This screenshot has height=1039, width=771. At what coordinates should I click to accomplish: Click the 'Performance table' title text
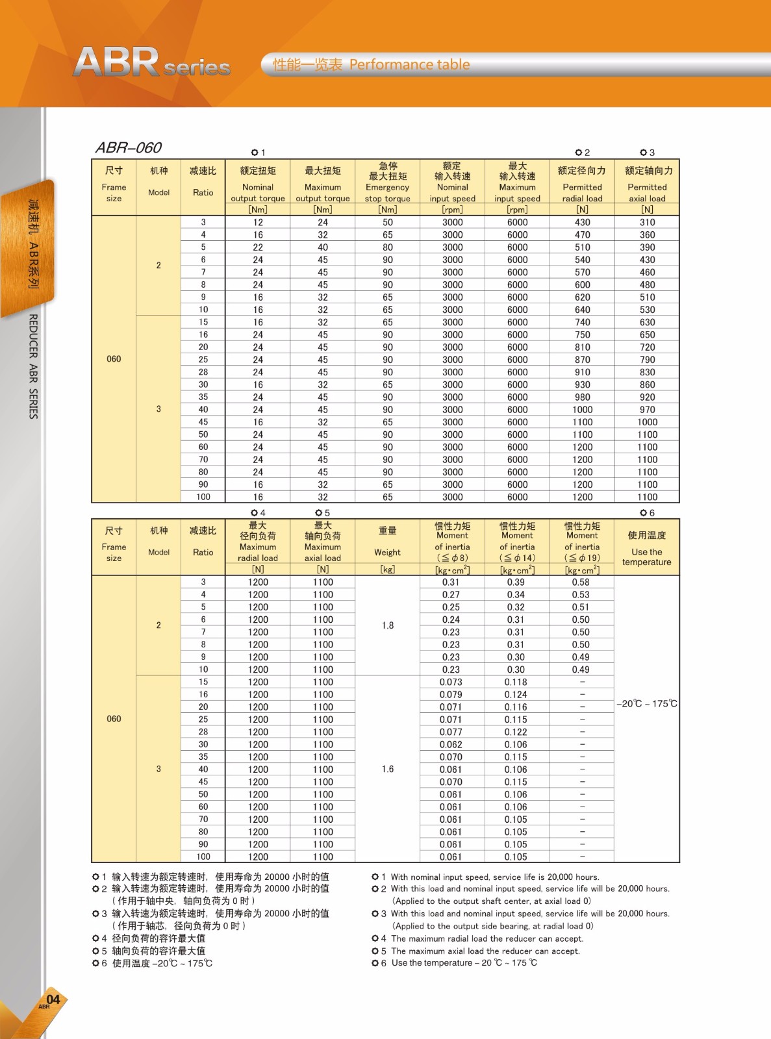[x=409, y=64]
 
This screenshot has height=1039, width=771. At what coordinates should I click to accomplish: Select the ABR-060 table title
[x=129, y=147]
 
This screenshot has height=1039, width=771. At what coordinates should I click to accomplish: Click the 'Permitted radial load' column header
[x=582, y=187]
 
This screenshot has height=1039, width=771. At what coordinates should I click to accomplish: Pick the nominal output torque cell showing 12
[x=258, y=222]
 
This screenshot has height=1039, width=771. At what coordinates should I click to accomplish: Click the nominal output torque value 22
[x=258, y=247]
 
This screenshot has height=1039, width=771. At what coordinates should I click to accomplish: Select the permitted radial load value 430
[x=582, y=222]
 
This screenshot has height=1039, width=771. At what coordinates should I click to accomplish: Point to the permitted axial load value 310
[x=647, y=222]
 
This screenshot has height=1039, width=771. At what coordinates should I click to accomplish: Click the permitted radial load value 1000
[x=582, y=410]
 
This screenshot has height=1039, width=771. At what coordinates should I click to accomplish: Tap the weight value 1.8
[x=388, y=625]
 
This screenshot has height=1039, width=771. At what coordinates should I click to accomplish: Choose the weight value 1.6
[x=388, y=769]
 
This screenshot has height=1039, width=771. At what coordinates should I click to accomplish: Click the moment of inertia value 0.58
[x=581, y=582]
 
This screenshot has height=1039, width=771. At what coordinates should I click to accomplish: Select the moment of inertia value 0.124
[x=516, y=695]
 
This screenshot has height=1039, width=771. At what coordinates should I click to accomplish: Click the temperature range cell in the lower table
[x=646, y=704]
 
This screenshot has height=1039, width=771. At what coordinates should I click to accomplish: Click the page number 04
[x=53, y=999]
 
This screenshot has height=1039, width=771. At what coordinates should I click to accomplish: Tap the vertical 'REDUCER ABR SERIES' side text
[x=33, y=366]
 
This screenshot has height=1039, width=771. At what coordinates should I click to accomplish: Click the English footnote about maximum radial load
[x=487, y=938]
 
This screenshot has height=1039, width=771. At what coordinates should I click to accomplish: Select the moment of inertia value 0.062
[x=451, y=745]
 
